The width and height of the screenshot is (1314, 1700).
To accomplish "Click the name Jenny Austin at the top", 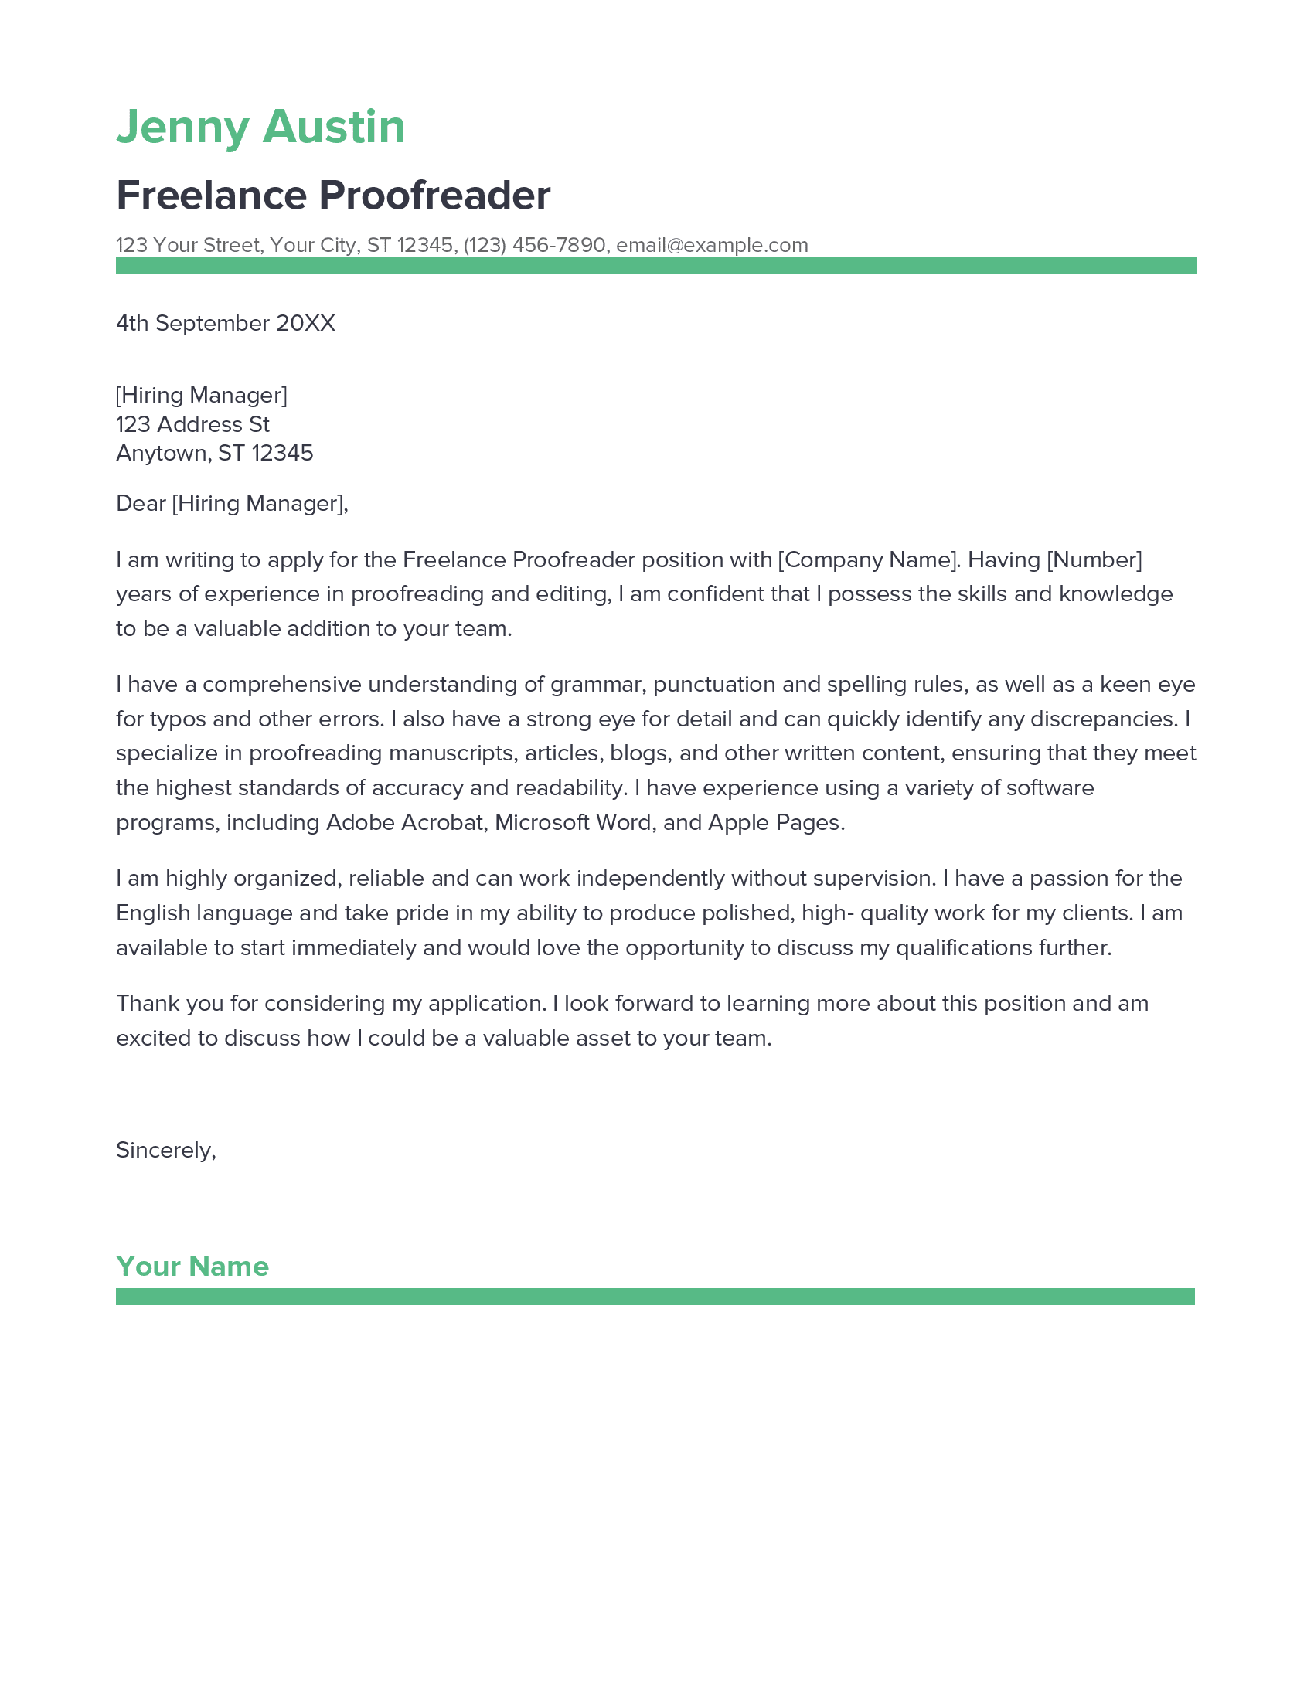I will (260, 127).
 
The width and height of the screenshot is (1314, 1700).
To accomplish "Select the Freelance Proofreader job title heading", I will (333, 195).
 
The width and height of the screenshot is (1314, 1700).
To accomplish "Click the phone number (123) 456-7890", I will (534, 245).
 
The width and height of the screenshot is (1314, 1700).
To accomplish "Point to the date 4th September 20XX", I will (225, 323).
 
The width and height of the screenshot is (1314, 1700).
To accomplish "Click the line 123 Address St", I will (192, 424).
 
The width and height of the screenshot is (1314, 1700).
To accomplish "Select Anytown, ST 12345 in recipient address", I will (214, 453).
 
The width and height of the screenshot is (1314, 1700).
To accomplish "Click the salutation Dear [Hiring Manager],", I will (232, 504).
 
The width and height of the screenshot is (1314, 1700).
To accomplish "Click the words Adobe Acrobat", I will (406, 822).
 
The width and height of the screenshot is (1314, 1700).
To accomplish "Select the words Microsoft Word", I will (573, 822).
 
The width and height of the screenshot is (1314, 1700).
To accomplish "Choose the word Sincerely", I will (164, 1151).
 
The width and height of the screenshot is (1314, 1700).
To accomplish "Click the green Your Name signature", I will (192, 1266).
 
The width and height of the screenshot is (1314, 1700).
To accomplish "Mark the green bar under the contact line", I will (655, 265).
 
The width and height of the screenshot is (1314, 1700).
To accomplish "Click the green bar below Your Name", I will (655, 1297).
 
